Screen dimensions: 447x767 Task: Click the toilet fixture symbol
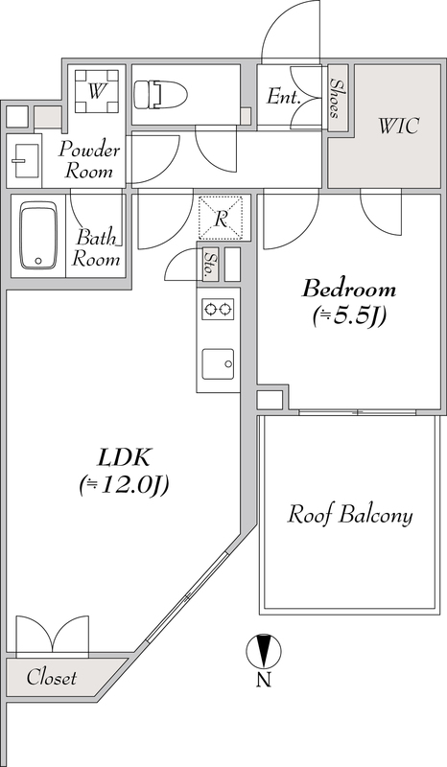tap(160, 93)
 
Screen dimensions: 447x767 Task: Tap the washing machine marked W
tap(97, 91)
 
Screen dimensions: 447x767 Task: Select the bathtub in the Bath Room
tap(38, 236)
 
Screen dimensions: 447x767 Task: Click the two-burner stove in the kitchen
tap(218, 309)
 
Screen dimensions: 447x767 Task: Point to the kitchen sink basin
tap(218, 364)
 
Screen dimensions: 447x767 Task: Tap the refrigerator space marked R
tap(221, 218)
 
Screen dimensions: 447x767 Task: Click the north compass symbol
tap(264, 651)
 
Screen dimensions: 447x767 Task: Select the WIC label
tap(398, 127)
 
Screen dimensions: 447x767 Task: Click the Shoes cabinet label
tap(336, 99)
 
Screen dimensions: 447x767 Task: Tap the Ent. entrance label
tap(283, 97)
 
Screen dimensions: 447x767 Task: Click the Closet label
tap(52, 678)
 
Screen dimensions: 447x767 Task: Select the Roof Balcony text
tap(349, 515)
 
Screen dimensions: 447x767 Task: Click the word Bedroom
tap(349, 290)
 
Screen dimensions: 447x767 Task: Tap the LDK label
tap(124, 458)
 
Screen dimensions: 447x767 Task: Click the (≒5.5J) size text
tap(349, 317)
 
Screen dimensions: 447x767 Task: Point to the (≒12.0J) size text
tap(124, 485)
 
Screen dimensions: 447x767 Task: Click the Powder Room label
tap(88, 160)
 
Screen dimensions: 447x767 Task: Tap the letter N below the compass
tap(264, 680)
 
